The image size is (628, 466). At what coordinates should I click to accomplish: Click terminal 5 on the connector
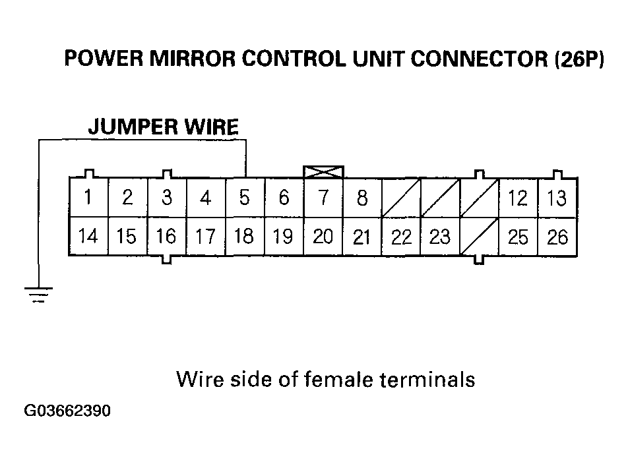pos(245,198)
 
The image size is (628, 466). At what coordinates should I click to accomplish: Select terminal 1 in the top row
pos(88,198)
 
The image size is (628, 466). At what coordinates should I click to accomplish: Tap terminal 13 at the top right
pos(557,198)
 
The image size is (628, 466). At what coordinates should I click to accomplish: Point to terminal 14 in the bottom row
pos(88,236)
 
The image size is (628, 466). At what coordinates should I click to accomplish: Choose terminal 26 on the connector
pos(557,236)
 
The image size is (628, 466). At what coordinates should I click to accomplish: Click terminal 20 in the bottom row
pos(323,236)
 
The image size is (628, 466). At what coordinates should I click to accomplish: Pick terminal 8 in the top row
pos(362,198)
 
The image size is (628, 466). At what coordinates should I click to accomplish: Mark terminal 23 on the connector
pos(440,236)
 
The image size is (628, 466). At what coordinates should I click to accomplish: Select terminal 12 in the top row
pos(518,198)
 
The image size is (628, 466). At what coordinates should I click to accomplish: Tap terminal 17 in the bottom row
pos(206,236)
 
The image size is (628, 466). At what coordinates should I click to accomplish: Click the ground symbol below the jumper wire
pos(40,294)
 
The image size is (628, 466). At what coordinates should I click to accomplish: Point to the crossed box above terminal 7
pos(323,171)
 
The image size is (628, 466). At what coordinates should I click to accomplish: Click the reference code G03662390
pos(67,412)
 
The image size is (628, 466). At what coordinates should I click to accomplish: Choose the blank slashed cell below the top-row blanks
pos(479,236)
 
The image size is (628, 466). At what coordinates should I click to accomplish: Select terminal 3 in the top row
pos(167,198)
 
